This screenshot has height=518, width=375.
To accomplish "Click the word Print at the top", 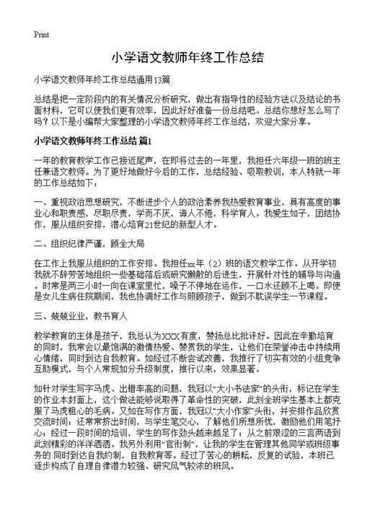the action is point(41,34).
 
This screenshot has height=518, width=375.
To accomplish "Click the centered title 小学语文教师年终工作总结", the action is point(187,57).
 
